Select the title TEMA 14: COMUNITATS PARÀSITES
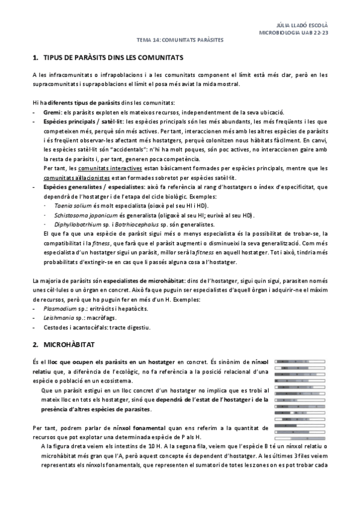[x=180, y=40]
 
